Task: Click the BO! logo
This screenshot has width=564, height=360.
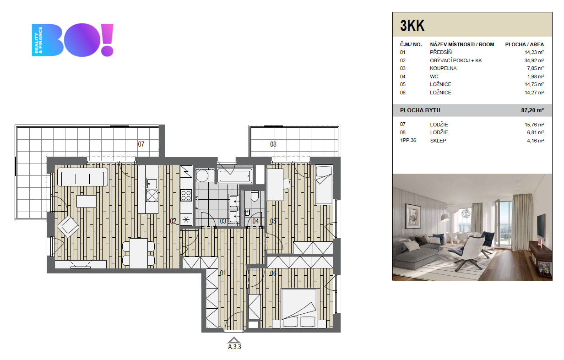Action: pyautogui.click(x=72, y=40)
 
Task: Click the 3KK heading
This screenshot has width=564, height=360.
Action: pyautogui.click(x=412, y=26)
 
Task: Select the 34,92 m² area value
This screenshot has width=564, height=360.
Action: pyautogui.click(x=534, y=60)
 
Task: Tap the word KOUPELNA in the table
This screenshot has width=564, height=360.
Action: pyautogui.click(x=443, y=68)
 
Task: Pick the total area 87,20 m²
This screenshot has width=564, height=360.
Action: pyautogui.click(x=532, y=110)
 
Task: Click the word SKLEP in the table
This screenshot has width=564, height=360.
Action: pyautogui.click(x=438, y=141)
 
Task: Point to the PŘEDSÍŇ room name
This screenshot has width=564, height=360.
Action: pyautogui.click(x=440, y=52)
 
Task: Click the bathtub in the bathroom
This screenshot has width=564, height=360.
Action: pyautogui.click(x=235, y=175)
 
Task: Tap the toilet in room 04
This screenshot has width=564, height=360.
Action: pyautogui.click(x=255, y=196)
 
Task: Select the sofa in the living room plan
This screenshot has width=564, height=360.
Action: pyautogui.click(x=82, y=177)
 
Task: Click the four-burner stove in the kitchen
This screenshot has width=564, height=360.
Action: pyautogui.click(x=186, y=196)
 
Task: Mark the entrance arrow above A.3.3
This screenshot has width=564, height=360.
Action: pyautogui.click(x=234, y=340)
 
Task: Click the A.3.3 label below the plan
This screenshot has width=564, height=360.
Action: pyautogui.click(x=234, y=347)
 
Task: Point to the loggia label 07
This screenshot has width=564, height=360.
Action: pyautogui.click(x=141, y=144)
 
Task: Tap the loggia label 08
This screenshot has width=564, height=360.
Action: pyautogui.click(x=273, y=144)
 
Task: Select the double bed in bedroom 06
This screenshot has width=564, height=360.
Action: pyautogui.click(x=299, y=308)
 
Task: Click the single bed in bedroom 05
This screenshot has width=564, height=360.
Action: pyautogui.click(x=324, y=185)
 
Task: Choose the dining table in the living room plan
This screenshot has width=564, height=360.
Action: pyautogui.click(x=139, y=253)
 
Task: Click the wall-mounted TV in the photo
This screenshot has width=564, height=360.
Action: pyautogui.click(x=541, y=227)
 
